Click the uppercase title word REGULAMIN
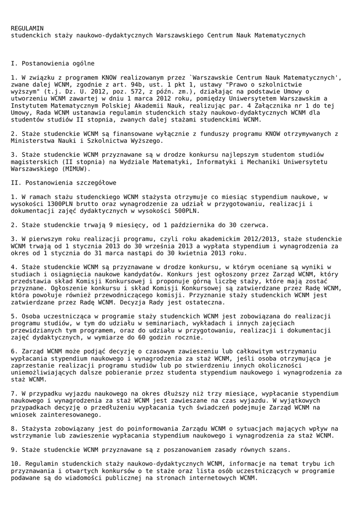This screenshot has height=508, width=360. [27, 28]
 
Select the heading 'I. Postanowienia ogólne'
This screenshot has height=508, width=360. [53, 63]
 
